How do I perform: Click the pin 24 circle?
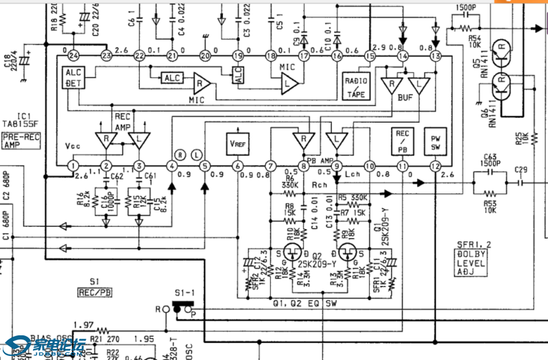tap(73, 55)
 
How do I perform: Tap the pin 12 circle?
tap(435, 166)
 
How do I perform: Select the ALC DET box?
tap(73, 77)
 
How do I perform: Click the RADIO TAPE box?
tap(355, 88)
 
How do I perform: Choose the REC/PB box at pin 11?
tap(402, 141)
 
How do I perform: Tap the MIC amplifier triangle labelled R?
tap(201, 84)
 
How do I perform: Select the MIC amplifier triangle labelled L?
tap(289, 84)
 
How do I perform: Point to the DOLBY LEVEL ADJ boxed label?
tap(471, 262)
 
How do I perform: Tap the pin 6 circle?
tap(237, 166)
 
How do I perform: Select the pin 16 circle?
tap(337, 56)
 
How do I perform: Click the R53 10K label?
tap(488, 206)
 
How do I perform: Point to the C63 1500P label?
tap(489, 160)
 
